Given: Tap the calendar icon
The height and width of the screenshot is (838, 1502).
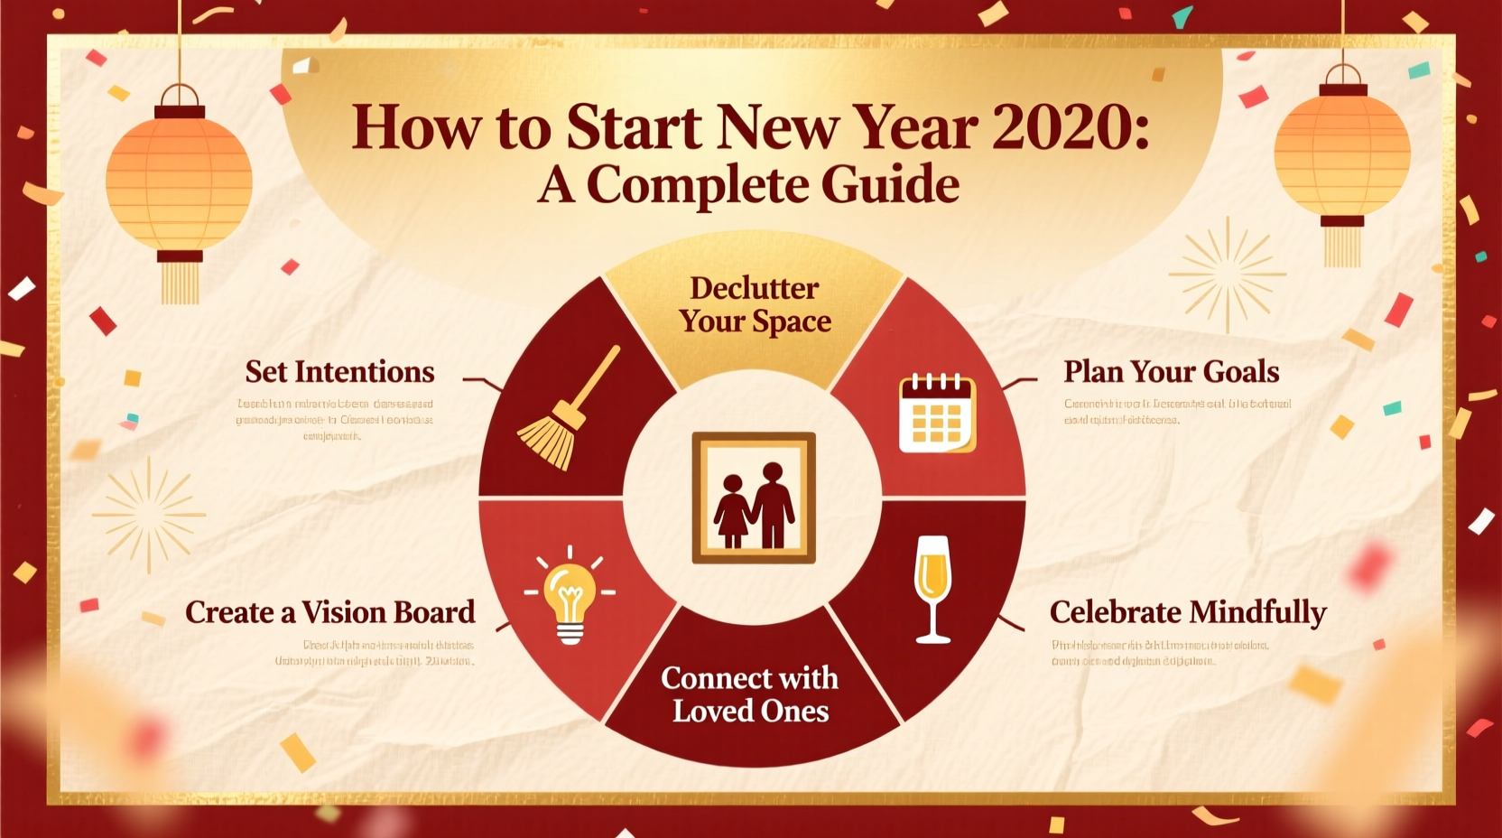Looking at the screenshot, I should click(937, 413).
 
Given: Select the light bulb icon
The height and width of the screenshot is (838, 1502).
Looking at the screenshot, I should click(570, 596).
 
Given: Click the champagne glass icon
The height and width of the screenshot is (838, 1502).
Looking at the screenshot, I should click(932, 588).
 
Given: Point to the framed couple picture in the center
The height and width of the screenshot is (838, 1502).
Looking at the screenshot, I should click(754, 498).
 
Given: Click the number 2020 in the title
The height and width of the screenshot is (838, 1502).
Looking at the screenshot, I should click(1070, 127).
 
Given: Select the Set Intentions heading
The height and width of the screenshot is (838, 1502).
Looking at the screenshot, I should click(339, 372).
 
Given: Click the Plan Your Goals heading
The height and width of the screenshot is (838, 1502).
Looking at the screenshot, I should click(1171, 372).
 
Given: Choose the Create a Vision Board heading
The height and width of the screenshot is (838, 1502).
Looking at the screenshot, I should click(329, 612).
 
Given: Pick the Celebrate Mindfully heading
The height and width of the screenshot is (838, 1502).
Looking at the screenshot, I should click(1187, 612).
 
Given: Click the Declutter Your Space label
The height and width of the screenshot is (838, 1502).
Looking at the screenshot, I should click(755, 305).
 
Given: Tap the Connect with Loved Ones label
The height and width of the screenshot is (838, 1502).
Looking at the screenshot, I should click(750, 694).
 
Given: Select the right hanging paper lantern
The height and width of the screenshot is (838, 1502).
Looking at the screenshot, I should click(1341, 154).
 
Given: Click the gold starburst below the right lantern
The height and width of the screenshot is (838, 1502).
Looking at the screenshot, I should click(1227, 274).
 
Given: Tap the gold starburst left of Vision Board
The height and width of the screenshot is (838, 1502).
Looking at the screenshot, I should click(149, 515).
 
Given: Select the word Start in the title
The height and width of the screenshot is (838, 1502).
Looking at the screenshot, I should click(634, 127).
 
